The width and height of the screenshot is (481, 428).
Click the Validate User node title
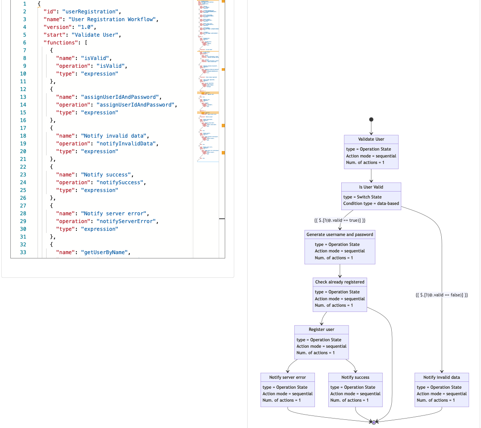(x=371, y=139)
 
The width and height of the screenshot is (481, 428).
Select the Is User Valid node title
(x=371, y=187)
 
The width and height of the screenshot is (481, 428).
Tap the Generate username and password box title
(x=340, y=235)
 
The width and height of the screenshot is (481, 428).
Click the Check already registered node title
(x=340, y=282)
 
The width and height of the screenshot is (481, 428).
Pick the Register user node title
(x=321, y=330)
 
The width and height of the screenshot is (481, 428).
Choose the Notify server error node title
(x=287, y=378)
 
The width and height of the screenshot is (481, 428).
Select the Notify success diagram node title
(x=355, y=378)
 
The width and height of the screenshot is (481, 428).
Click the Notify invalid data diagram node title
(x=441, y=378)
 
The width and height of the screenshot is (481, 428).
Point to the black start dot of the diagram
(x=371, y=120)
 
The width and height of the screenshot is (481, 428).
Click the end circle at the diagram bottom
(x=374, y=422)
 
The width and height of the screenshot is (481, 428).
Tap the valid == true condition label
(x=340, y=220)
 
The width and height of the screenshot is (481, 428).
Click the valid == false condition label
(x=441, y=295)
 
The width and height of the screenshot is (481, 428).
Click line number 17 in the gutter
(x=23, y=128)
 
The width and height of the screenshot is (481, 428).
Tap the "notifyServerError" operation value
(x=127, y=221)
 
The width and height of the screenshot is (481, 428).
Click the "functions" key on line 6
(x=59, y=43)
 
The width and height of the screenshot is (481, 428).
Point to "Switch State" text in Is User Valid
(x=369, y=197)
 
